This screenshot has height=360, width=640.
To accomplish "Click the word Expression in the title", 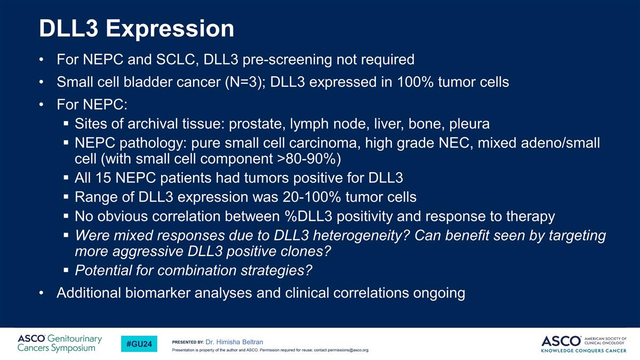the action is point(170,29).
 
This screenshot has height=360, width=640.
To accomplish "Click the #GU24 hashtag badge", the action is point(139,343).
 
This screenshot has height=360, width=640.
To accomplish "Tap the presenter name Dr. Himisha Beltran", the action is point(234,342).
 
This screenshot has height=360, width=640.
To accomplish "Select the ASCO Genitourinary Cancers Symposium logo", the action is point(59,343).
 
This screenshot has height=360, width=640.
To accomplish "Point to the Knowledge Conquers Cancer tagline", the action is point(583,350).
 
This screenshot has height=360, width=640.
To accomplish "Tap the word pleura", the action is point(469,124).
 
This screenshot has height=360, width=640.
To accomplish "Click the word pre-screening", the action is point(287,60).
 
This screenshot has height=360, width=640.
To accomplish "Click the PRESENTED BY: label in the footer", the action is point(188,342).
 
